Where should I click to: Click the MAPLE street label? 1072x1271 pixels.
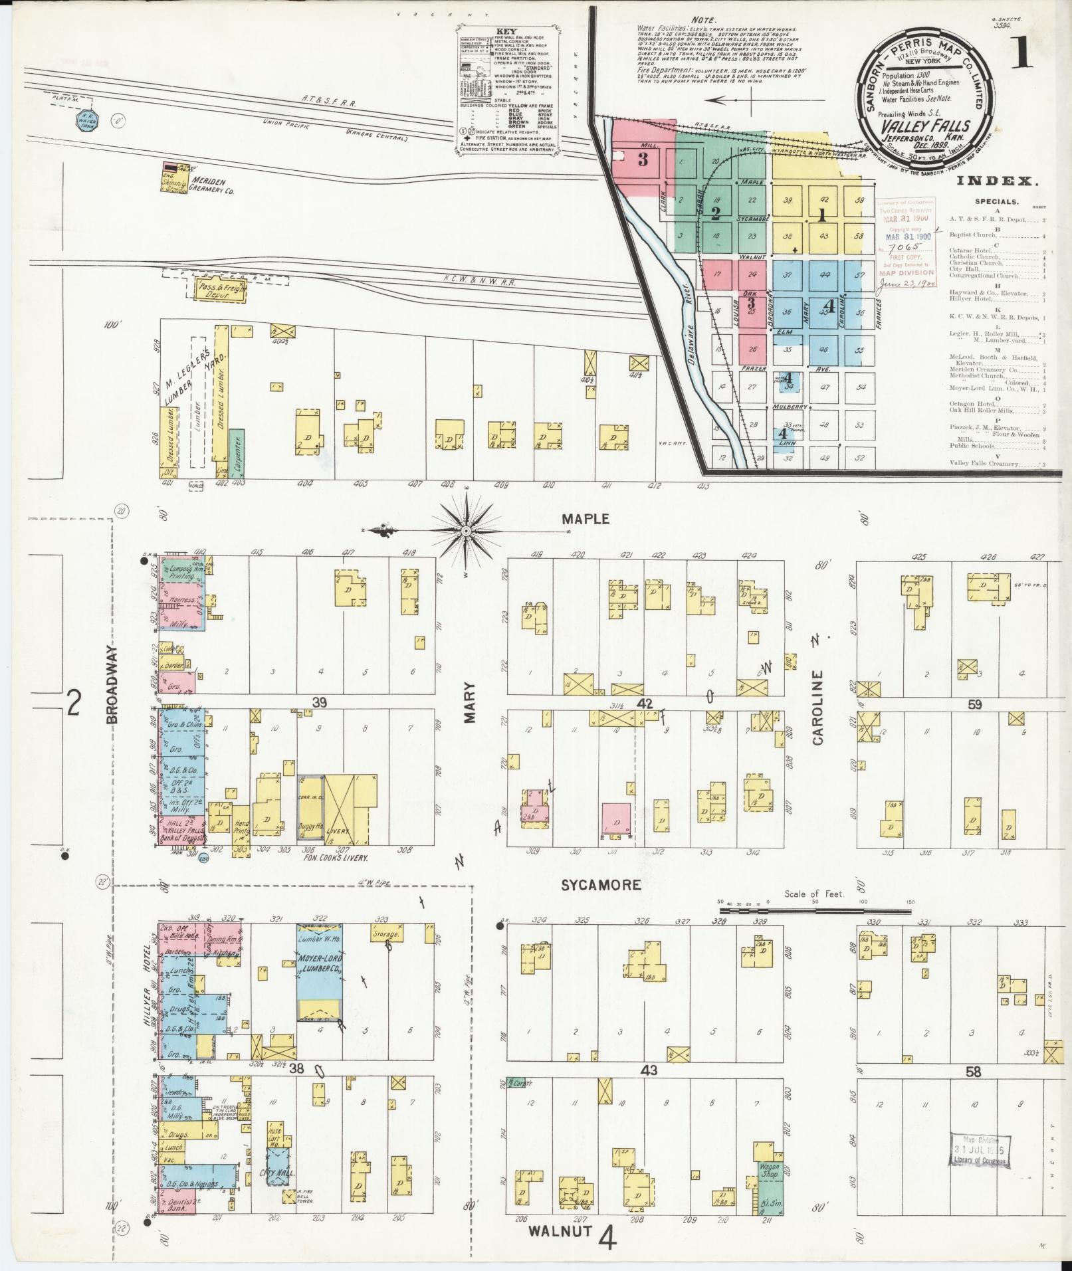pos(585,519)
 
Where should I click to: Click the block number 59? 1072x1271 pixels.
pos(974,704)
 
